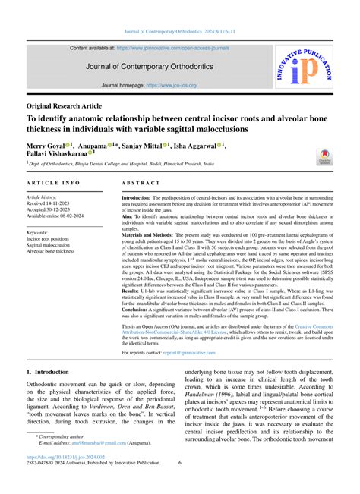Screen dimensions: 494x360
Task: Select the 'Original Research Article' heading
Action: coord(64,105)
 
